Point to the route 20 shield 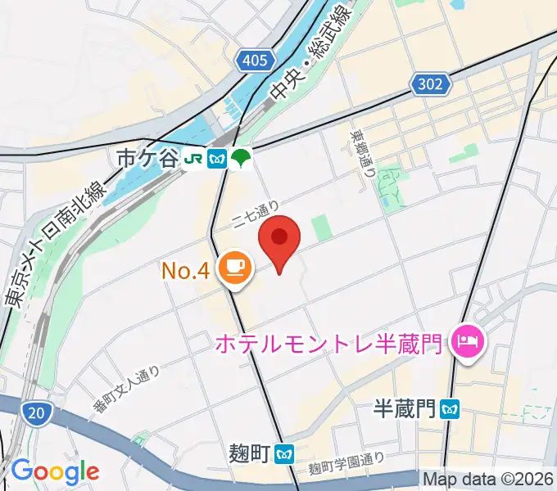click(x=35, y=415)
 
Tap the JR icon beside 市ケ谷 click(x=195, y=158)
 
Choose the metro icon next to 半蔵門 click(x=449, y=408)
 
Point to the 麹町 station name click(x=250, y=453)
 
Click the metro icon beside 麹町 click(x=285, y=453)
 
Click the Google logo click(x=55, y=471)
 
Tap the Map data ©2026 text click(x=488, y=478)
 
